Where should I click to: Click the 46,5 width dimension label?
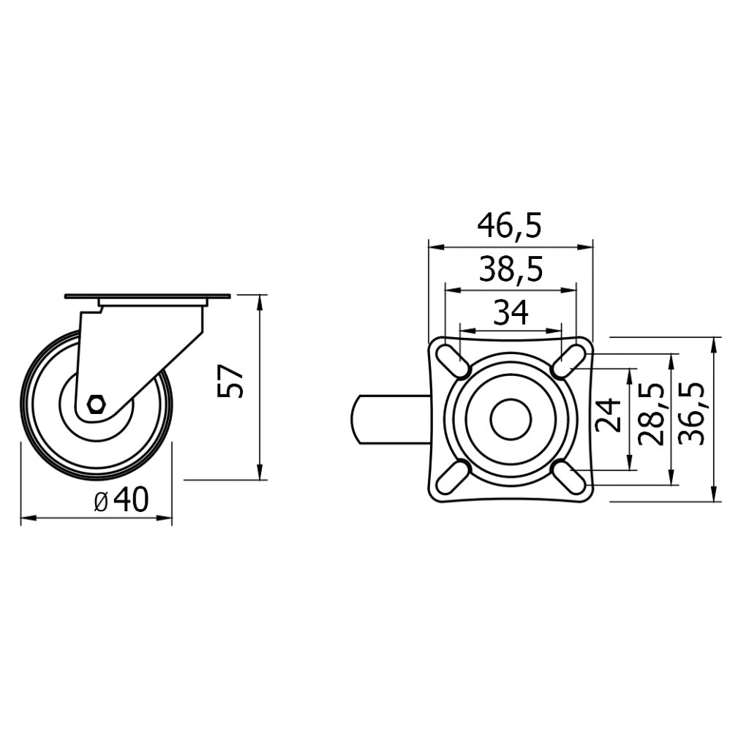pyautogui.click(x=510, y=227)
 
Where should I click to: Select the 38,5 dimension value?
pyautogui.click(x=511, y=270)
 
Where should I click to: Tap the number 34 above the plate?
pyautogui.click(x=511, y=312)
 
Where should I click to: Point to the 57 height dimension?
pyautogui.click(x=230, y=381)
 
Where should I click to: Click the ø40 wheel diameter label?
pyautogui.click(x=121, y=499)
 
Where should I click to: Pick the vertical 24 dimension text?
pyautogui.click(x=609, y=415)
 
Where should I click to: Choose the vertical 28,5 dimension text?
pyautogui.click(x=652, y=414)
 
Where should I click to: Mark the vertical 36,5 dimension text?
pyautogui.click(x=693, y=414)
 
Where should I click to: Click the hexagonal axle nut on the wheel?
pyautogui.click(x=97, y=404)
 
